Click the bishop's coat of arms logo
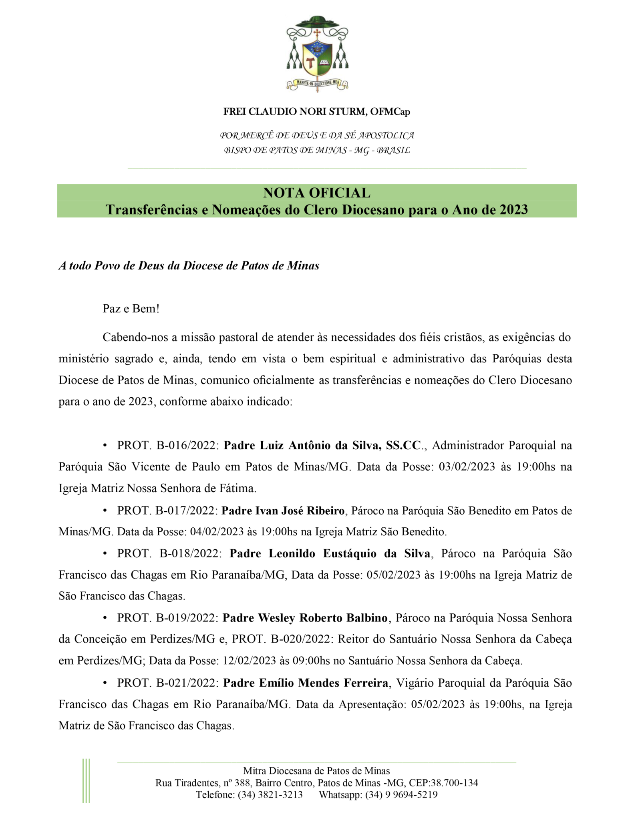tap(317, 54)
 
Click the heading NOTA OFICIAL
tap(316, 193)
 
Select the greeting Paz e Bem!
tap(131, 309)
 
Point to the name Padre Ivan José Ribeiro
tap(283, 511)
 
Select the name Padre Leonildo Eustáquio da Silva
tap(330, 554)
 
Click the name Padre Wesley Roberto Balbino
tap(305, 618)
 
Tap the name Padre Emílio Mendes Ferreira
tap(305, 683)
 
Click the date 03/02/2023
tap(467, 467)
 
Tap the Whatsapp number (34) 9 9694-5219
tap(401, 795)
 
